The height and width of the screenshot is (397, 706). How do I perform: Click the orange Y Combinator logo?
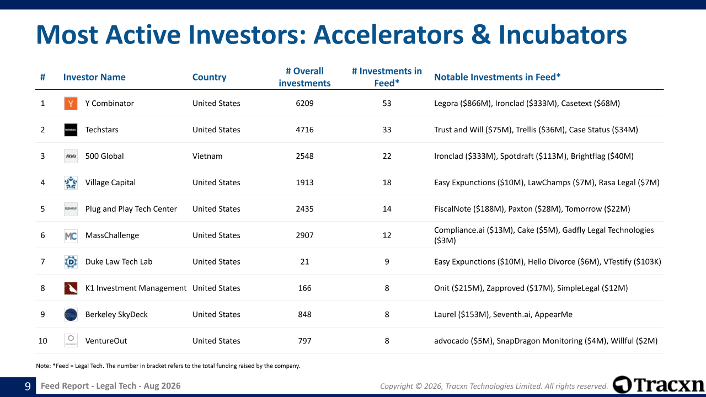(x=71, y=103)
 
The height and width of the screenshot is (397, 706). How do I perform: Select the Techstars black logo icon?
(x=71, y=130)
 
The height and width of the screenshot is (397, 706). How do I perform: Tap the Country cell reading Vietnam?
(x=207, y=156)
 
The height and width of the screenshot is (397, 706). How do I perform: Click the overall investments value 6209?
(x=304, y=103)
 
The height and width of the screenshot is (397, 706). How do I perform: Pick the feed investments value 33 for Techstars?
(x=387, y=130)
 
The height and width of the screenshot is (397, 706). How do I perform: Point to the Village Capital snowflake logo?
(x=71, y=183)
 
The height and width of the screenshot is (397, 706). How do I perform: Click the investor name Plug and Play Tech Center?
(x=131, y=209)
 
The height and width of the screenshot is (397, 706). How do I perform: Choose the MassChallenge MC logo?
(x=71, y=235)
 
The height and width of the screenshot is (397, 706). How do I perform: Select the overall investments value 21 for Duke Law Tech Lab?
(x=304, y=262)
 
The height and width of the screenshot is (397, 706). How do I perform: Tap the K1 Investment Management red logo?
(x=71, y=288)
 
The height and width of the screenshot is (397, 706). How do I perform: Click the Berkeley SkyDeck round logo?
(x=71, y=314)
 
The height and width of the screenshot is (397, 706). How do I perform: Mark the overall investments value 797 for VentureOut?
(x=304, y=341)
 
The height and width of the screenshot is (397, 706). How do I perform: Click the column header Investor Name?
(x=94, y=77)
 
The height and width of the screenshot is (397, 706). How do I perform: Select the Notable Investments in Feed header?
(x=498, y=77)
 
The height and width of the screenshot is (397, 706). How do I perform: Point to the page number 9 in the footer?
(x=28, y=386)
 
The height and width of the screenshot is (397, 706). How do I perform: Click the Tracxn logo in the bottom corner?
(x=658, y=385)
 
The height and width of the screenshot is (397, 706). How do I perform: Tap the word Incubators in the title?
(x=563, y=35)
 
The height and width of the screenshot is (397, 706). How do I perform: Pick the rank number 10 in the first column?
(x=42, y=341)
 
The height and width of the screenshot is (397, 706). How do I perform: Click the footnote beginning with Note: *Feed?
(x=168, y=366)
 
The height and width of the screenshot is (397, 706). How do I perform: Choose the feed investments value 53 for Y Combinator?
(x=387, y=103)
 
